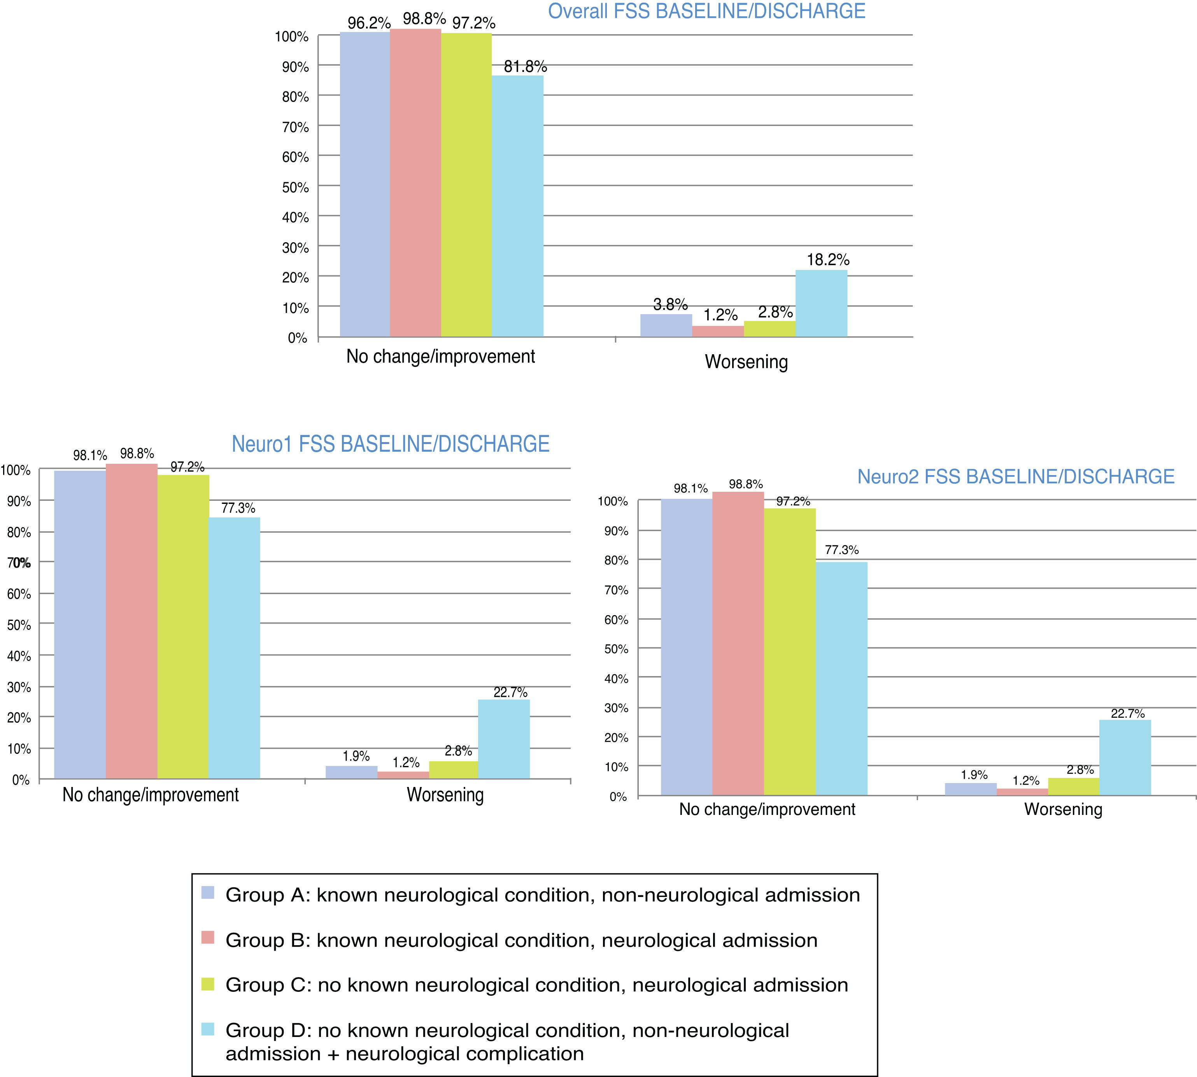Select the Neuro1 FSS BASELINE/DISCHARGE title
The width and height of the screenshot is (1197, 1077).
(x=390, y=444)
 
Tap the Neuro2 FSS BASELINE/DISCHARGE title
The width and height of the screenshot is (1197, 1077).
(x=1015, y=476)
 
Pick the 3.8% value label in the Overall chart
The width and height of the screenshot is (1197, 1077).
(x=670, y=305)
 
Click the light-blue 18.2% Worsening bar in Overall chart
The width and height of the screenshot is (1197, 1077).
(x=821, y=304)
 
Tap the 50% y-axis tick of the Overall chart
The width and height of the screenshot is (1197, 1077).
(x=295, y=187)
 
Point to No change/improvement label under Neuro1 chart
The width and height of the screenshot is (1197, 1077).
(x=151, y=795)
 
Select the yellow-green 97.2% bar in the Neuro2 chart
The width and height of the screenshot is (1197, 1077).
(x=790, y=651)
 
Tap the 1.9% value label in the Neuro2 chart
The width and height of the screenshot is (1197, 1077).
(x=974, y=775)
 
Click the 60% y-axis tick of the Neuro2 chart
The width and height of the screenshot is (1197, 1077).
(x=616, y=620)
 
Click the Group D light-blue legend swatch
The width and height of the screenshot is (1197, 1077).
(x=208, y=1029)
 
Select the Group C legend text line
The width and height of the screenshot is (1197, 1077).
(x=536, y=985)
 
